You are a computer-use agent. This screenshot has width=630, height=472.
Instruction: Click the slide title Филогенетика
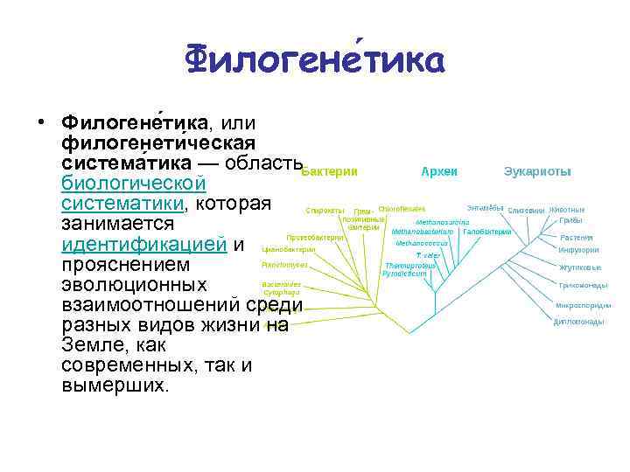pos(315,61)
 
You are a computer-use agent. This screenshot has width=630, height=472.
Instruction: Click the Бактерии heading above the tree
pos(329,172)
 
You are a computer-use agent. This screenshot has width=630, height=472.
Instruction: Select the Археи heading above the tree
pos(439,172)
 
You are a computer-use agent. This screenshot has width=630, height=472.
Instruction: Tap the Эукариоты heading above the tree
pos(537,172)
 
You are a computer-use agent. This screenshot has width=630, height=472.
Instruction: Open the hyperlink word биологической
pos(134,184)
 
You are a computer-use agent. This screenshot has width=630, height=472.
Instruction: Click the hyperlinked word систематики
pos(122,205)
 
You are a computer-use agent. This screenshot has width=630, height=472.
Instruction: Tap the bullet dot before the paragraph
pos(41,123)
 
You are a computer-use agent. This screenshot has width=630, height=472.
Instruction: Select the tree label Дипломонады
pos(578,322)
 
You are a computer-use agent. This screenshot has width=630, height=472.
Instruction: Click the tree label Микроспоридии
pos(583,305)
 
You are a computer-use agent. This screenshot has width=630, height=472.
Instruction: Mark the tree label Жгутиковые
pos(579,267)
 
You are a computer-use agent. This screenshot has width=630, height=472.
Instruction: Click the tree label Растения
pos(577,238)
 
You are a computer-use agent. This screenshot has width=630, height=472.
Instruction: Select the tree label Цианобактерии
pos(288,249)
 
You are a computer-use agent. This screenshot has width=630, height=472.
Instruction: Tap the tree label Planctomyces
pos(283,265)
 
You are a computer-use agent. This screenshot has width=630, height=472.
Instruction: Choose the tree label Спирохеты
pos(324,210)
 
